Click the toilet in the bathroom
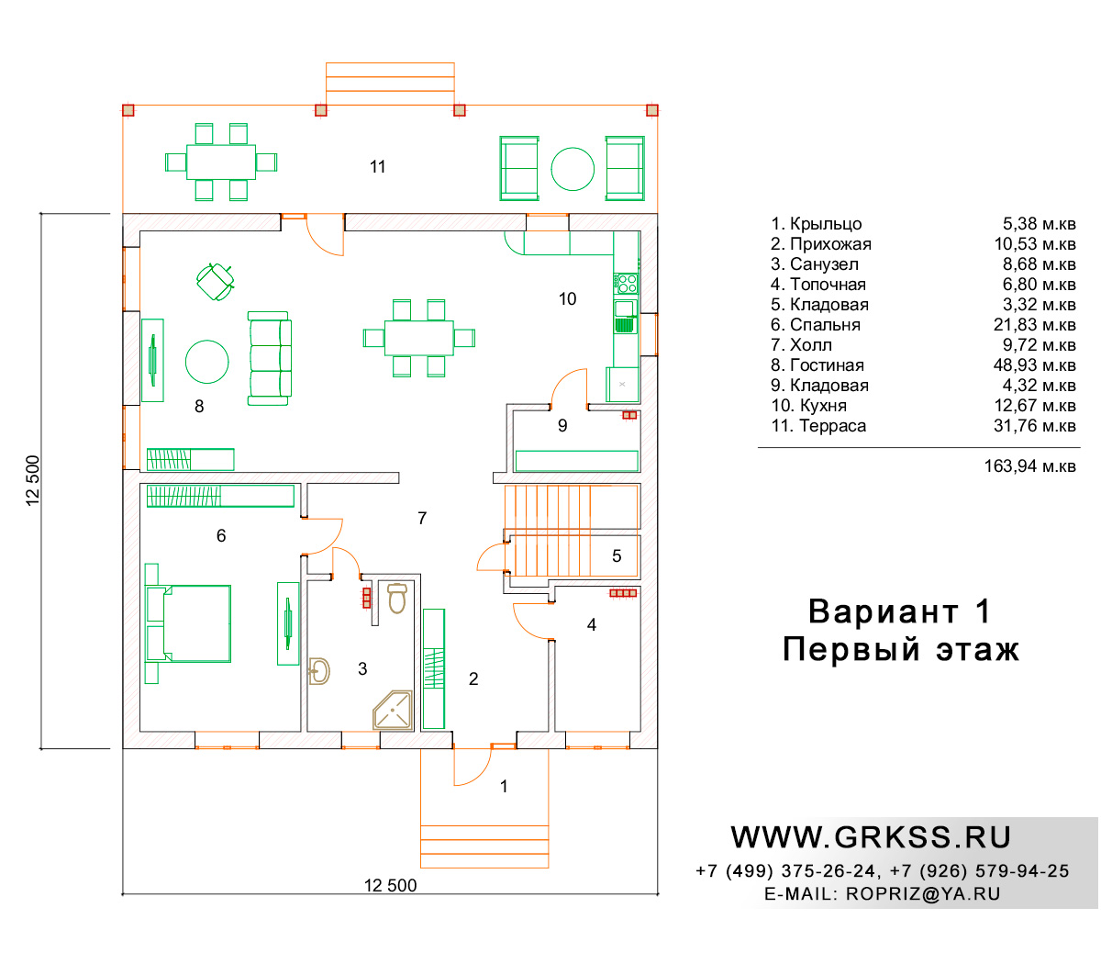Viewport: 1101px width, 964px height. pyautogui.click(x=397, y=598)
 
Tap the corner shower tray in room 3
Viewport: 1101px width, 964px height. pyautogui.click(x=393, y=711)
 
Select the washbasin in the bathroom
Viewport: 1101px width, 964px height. pyautogui.click(x=319, y=671)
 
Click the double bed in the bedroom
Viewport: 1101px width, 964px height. pyautogui.click(x=188, y=623)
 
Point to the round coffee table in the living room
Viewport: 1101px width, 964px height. pyautogui.click(x=206, y=362)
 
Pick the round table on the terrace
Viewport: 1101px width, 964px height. pyautogui.click(x=572, y=169)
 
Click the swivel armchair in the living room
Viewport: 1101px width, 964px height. pyautogui.click(x=216, y=282)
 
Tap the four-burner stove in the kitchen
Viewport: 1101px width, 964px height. pyautogui.click(x=626, y=284)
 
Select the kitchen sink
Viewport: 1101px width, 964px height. pyautogui.click(x=626, y=317)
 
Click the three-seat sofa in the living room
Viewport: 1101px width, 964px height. pyautogui.click(x=270, y=358)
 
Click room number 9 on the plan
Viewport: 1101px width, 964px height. pyautogui.click(x=562, y=425)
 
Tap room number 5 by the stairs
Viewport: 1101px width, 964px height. pyautogui.click(x=617, y=555)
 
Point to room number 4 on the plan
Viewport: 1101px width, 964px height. pyautogui.click(x=592, y=624)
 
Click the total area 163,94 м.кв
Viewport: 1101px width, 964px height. pyautogui.click(x=1029, y=465)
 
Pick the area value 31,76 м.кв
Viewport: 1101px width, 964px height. pyautogui.click(x=1034, y=425)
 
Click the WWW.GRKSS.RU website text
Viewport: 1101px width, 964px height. pyautogui.click(x=870, y=837)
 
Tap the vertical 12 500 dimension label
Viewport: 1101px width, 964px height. pyautogui.click(x=33, y=480)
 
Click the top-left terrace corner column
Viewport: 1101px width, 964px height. pyautogui.click(x=128, y=110)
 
